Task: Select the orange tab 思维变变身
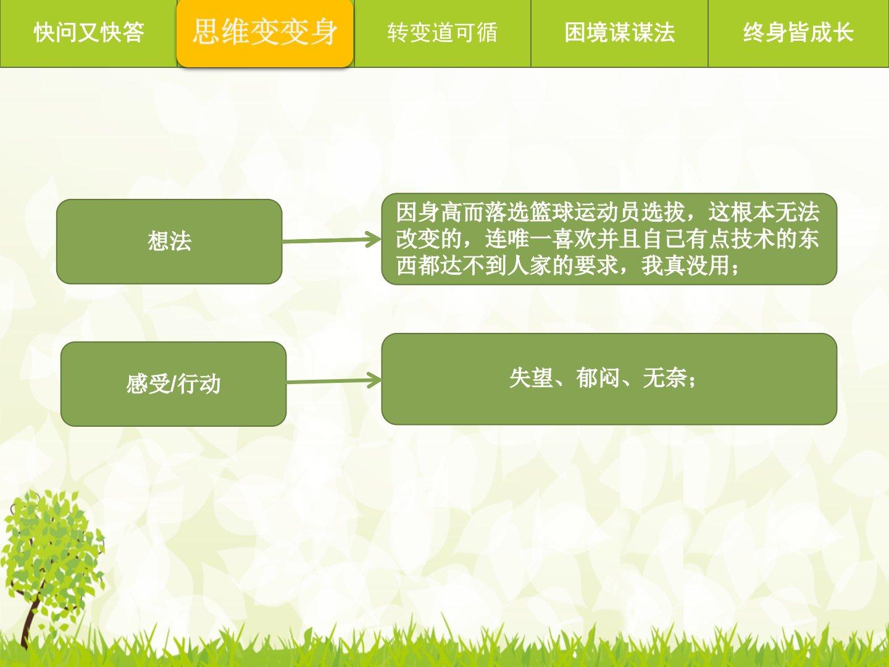(x=265, y=33)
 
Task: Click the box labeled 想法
(x=169, y=241)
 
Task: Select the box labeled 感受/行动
(x=173, y=384)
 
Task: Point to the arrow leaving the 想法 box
(x=332, y=240)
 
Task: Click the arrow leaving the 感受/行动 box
(x=334, y=380)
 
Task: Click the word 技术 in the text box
(x=752, y=240)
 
